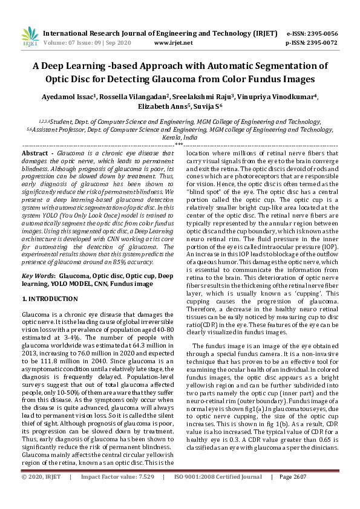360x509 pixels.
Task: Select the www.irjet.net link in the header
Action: tap(174, 43)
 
